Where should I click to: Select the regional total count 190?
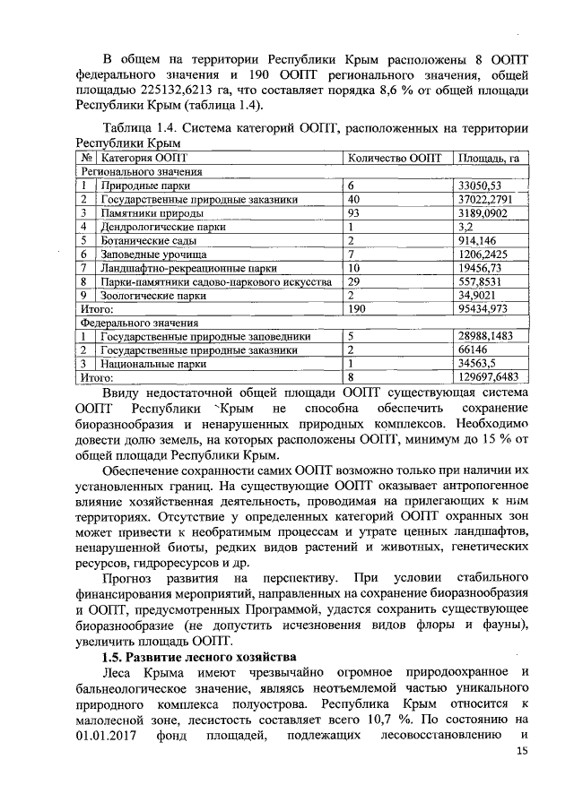(x=357, y=308)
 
